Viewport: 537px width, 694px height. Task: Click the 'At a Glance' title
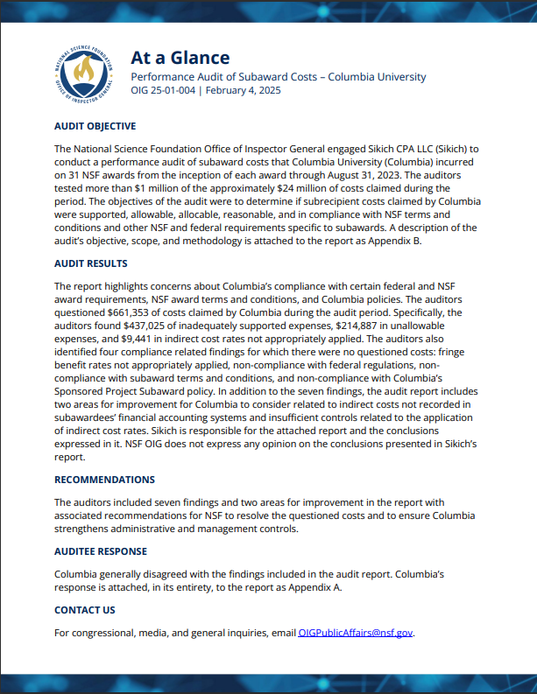point(180,58)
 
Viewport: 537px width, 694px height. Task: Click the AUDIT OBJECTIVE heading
point(95,126)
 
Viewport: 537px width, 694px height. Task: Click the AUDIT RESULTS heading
point(90,263)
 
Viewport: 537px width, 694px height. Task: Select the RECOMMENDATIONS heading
point(104,480)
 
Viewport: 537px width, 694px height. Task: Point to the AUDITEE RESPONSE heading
point(100,551)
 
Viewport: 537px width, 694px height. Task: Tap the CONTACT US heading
point(84,610)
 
